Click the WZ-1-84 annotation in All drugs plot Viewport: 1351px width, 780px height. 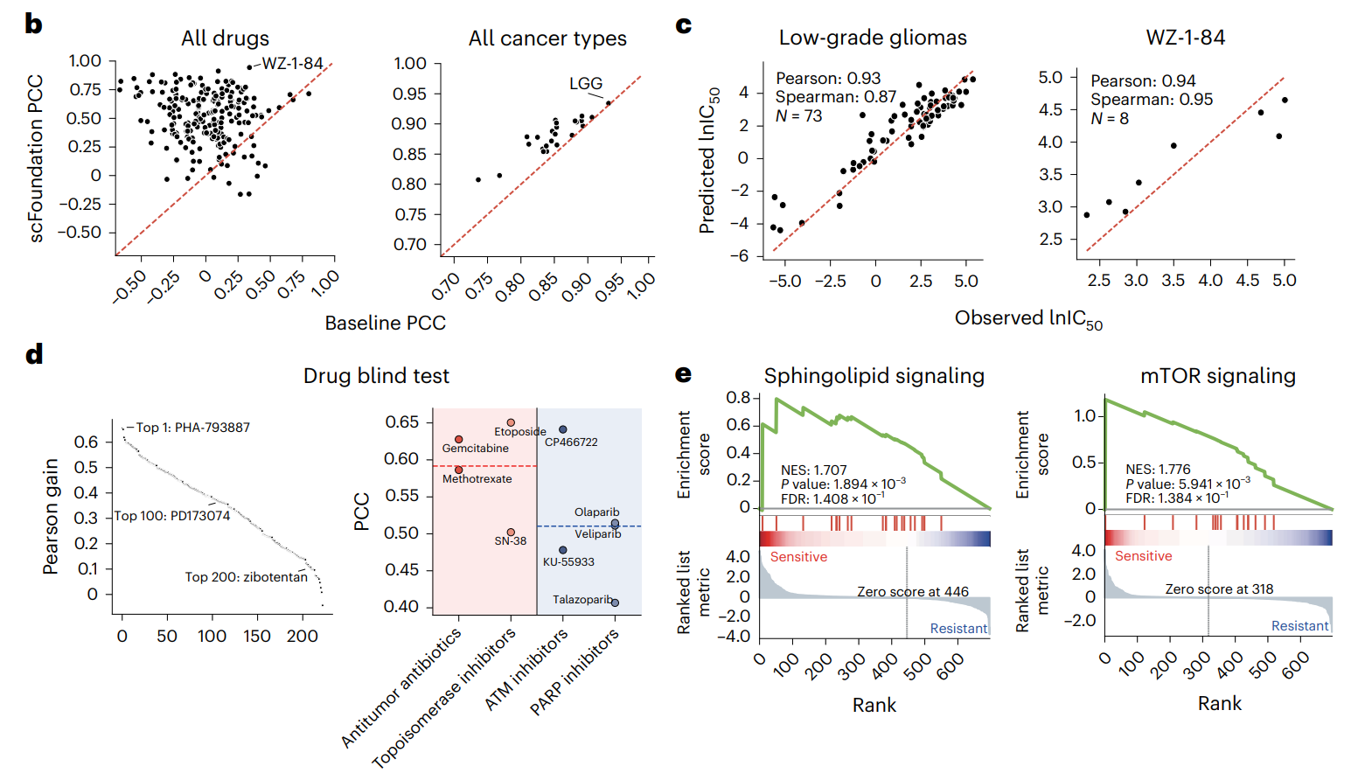click(x=292, y=64)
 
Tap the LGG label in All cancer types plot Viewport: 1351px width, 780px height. click(x=586, y=84)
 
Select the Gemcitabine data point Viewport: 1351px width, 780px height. click(x=459, y=439)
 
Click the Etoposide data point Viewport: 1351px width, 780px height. click(x=512, y=422)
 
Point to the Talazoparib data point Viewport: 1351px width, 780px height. click(x=616, y=602)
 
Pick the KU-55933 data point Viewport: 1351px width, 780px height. click(x=563, y=550)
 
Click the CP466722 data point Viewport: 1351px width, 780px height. click(x=563, y=429)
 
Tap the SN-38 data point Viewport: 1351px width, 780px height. click(x=512, y=532)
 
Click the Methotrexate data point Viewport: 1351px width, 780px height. click(x=459, y=470)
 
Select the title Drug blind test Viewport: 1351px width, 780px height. click(x=376, y=376)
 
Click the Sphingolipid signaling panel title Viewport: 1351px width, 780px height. click(x=874, y=376)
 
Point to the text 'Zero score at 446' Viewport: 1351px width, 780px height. click(x=913, y=592)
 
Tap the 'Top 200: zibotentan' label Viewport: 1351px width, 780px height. click(x=246, y=577)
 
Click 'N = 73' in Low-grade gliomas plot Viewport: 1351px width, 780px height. click(x=798, y=116)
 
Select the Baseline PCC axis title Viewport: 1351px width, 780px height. click(x=385, y=324)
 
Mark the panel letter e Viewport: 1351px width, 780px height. click(x=683, y=374)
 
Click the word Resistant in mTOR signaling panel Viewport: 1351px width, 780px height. click(x=1299, y=626)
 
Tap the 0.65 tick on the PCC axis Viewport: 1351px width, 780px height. click(x=401, y=422)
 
